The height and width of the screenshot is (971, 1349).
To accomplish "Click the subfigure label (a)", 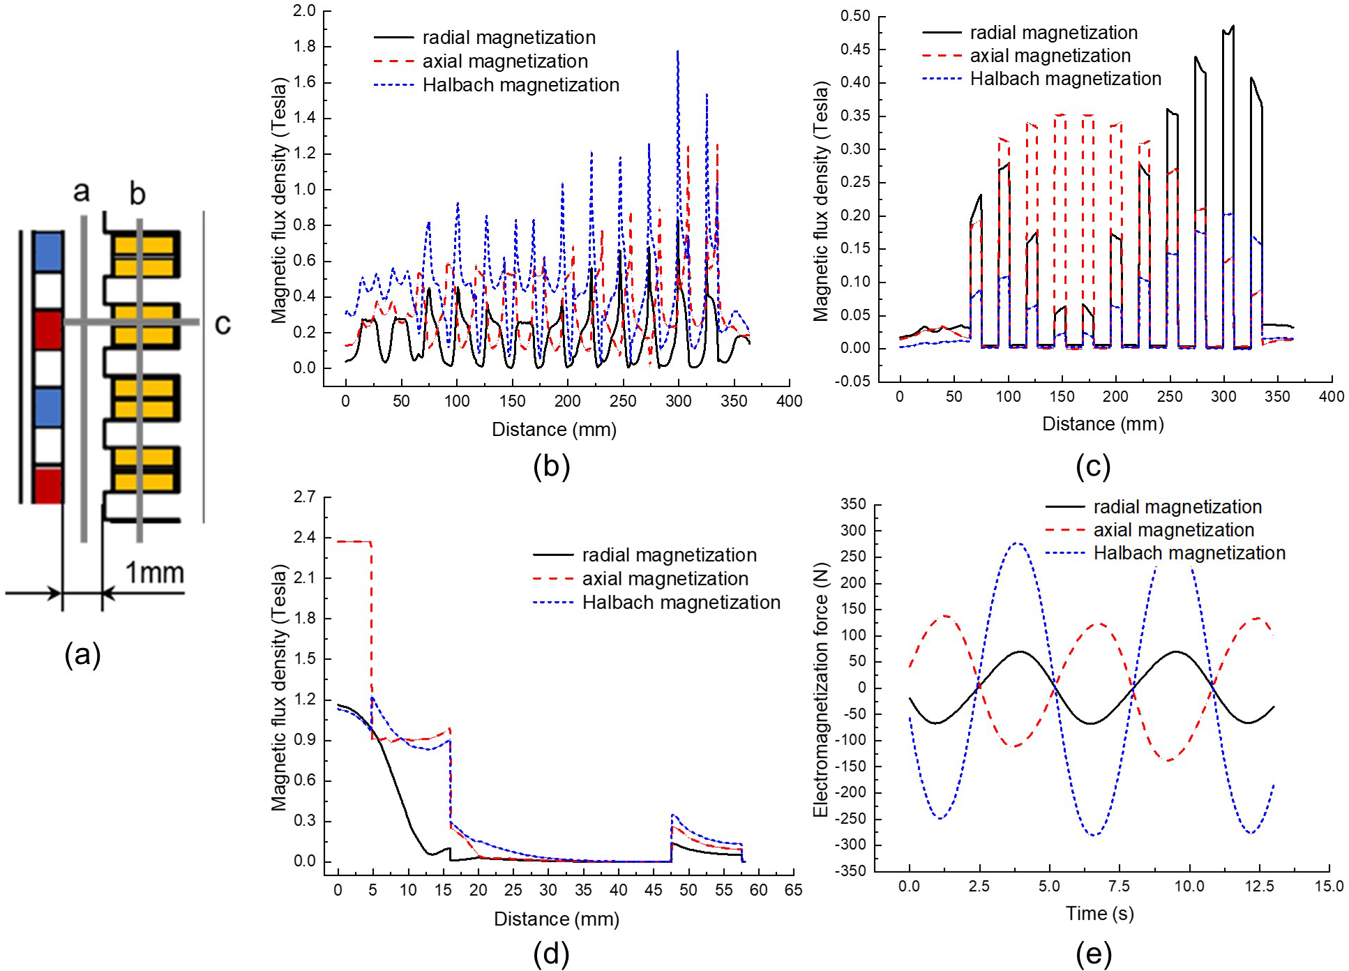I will (82, 655).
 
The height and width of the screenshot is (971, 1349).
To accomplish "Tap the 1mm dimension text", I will (154, 573).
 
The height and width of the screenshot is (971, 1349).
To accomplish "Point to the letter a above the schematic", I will (82, 190).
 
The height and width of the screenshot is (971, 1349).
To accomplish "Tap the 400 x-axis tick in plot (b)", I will (789, 401).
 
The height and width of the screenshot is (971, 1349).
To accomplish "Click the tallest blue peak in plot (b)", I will (677, 52).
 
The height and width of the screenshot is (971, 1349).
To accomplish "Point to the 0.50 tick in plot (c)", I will (855, 16).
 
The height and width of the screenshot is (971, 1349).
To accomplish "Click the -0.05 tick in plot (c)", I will (853, 381).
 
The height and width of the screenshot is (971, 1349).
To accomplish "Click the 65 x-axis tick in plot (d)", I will (793, 890).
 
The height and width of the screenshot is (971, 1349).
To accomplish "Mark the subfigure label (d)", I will (551, 954).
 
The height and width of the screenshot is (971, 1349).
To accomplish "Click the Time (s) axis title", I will (1099, 913).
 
